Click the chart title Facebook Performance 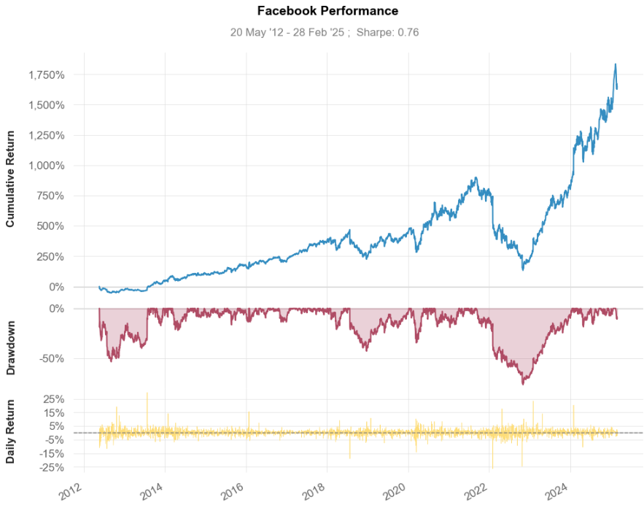[x=327, y=11]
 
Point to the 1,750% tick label [x=46, y=74]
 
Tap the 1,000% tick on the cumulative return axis [x=46, y=166]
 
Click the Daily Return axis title [x=11, y=432]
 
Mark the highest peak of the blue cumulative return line [x=616, y=64]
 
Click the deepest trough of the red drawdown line [x=523, y=384]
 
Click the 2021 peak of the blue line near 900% [x=476, y=177]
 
